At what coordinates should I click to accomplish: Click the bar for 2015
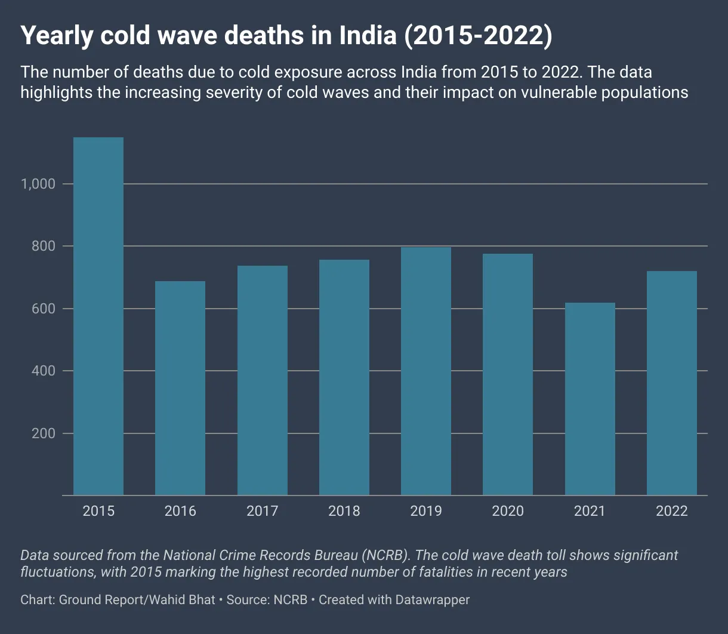tap(98, 316)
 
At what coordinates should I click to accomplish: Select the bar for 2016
tap(180, 388)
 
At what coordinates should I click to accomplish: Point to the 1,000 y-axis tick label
tap(38, 184)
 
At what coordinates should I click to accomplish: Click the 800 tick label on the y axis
tap(44, 246)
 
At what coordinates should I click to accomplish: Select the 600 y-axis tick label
tap(44, 309)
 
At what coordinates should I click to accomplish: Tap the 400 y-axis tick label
tap(44, 371)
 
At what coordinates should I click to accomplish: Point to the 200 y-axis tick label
tap(44, 433)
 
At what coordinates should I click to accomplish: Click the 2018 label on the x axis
tap(344, 511)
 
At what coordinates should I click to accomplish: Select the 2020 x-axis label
tap(508, 511)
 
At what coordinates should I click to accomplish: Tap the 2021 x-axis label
tap(590, 511)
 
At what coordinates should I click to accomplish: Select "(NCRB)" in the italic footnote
tap(386, 555)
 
